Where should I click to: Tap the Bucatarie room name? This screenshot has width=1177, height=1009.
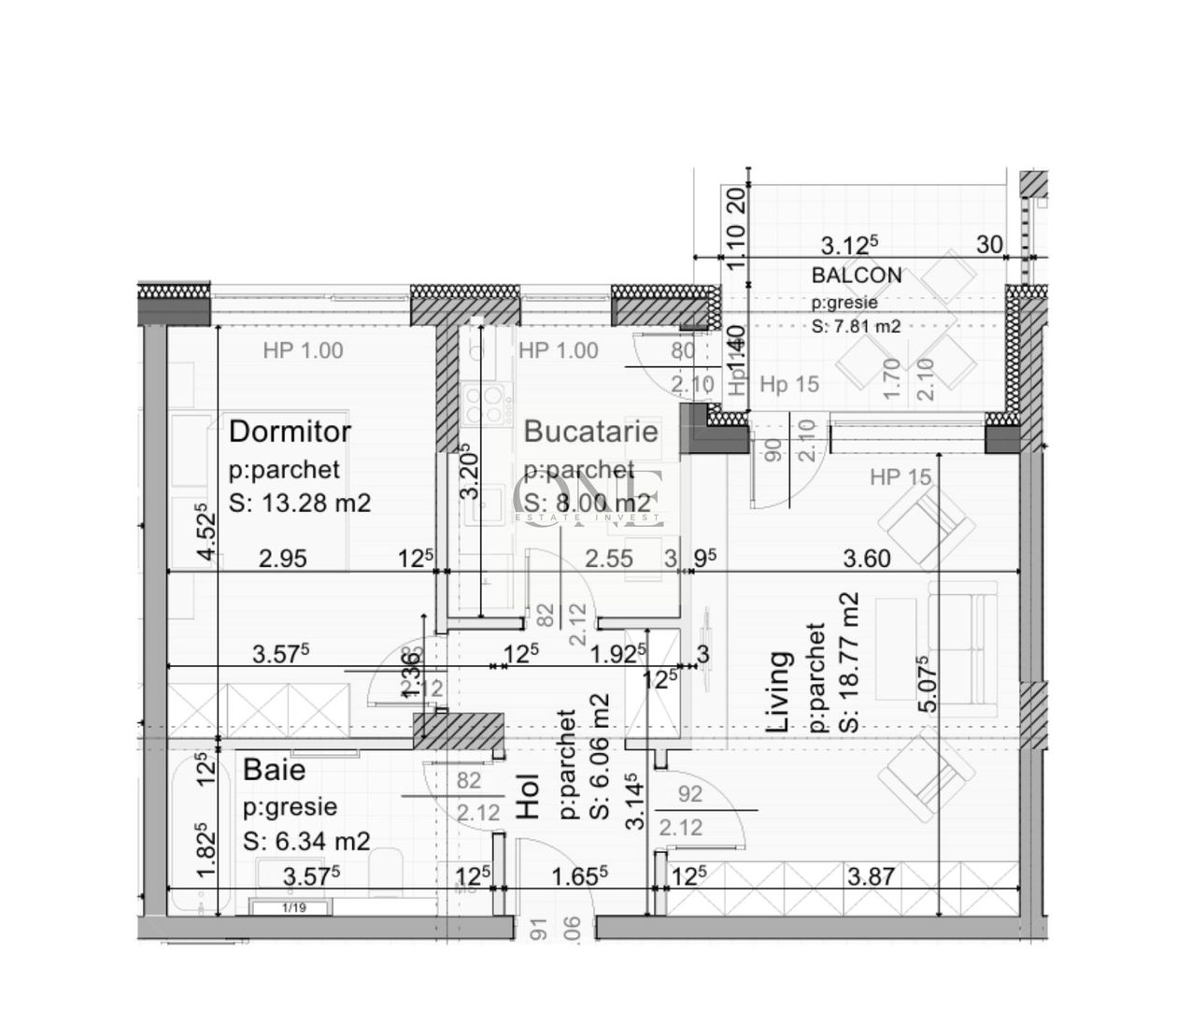(590, 432)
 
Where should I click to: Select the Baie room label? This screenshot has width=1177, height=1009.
(274, 770)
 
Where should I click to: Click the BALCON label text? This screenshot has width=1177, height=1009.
(857, 276)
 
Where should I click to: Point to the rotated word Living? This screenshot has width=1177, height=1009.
(778, 691)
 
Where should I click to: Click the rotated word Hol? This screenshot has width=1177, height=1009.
(529, 796)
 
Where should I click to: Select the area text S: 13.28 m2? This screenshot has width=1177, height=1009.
(300, 504)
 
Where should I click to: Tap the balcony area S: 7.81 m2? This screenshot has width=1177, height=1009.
(857, 327)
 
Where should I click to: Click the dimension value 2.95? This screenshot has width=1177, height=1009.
(283, 559)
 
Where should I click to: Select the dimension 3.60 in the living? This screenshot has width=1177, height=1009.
(867, 559)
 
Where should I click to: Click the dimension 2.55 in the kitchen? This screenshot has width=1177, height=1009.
(608, 559)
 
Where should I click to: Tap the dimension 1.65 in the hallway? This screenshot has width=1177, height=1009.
(579, 876)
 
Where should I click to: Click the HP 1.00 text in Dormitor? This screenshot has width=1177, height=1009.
(303, 351)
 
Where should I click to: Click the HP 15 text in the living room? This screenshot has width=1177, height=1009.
(900, 477)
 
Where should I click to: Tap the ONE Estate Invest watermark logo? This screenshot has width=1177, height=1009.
(589, 498)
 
